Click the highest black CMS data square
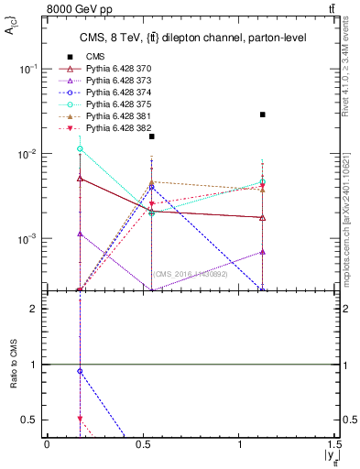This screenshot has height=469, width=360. point(263,115)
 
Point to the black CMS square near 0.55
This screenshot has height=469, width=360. point(152,136)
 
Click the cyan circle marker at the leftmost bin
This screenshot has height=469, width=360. point(81,148)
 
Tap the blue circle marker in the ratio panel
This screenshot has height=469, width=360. point(81,371)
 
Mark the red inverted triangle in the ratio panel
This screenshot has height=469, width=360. point(81,419)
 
